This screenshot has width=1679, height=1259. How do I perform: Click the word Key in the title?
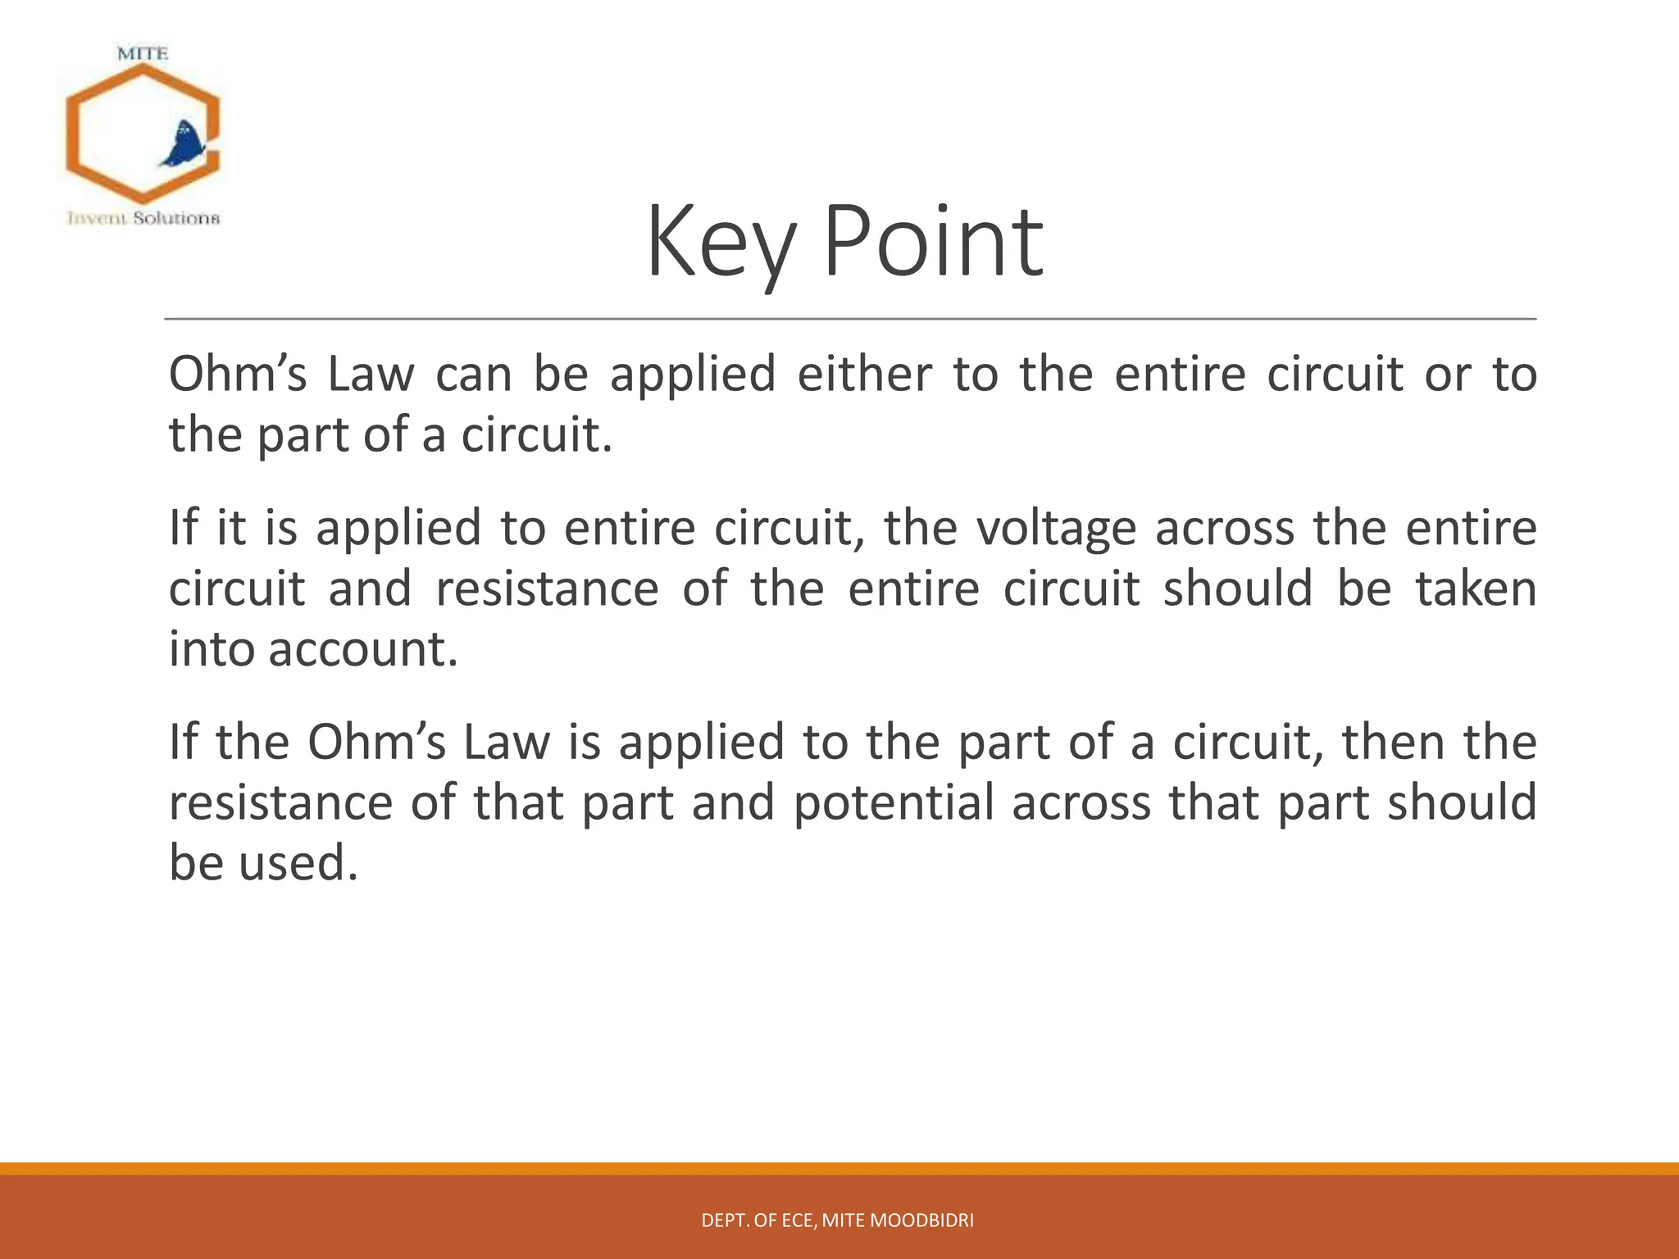(x=720, y=243)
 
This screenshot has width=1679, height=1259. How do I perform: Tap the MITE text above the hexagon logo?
(x=143, y=54)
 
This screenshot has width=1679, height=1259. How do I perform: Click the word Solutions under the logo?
(x=176, y=218)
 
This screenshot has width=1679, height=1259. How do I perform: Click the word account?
(x=362, y=649)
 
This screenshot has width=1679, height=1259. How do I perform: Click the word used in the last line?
(x=298, y=863)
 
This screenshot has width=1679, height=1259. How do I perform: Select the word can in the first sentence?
(x=473, y=375)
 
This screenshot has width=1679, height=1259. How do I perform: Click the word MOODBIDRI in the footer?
(x=921, y=1220)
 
